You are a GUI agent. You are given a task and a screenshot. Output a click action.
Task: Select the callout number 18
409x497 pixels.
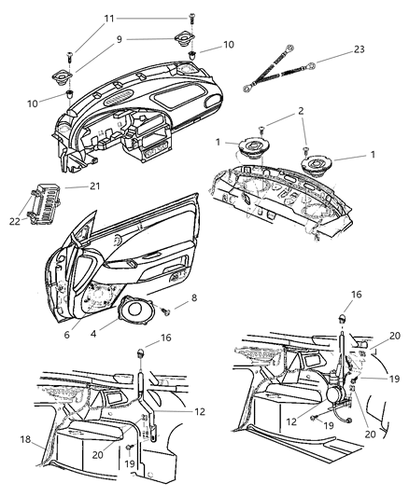[25, 437]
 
